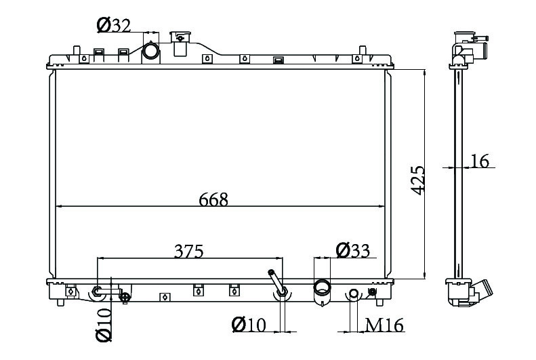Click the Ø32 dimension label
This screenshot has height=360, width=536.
114,25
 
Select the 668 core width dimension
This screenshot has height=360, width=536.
213,199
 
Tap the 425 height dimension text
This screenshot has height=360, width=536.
417,180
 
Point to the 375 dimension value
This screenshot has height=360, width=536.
188,252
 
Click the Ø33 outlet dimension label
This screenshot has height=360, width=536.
353,250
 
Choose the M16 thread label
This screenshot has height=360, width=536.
385,325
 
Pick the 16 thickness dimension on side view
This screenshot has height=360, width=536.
480,161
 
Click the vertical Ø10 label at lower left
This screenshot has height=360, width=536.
104,325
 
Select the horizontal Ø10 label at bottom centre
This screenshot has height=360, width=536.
249,325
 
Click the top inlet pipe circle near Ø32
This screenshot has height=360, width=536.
150,51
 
